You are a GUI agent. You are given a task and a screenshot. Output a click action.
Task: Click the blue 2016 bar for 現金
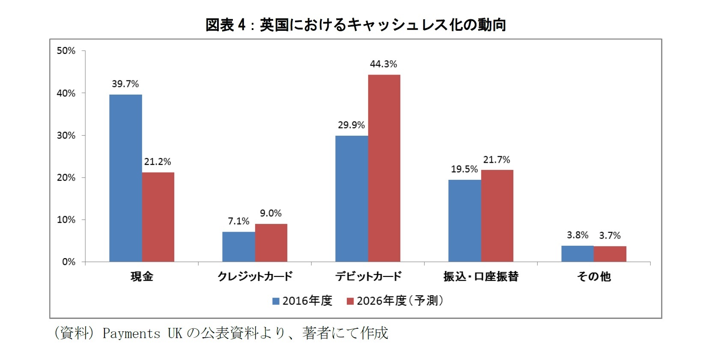click(125, 178)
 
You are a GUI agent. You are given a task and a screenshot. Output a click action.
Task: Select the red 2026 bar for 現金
click(158, 217)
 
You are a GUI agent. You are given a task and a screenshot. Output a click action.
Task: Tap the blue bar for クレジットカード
click(238, 247)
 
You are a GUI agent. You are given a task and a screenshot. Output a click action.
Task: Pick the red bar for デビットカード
click(384, 168)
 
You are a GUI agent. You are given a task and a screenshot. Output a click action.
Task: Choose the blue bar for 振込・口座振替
click(465, 220)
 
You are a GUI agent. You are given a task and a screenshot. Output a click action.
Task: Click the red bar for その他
click(610, 254)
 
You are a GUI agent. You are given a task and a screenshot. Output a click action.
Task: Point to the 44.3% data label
click(383, 64)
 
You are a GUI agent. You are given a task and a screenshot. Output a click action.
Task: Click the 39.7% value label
click(125, 84)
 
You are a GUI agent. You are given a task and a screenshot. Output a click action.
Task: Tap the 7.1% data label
click(238, 221)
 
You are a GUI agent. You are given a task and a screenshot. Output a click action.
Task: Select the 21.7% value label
click(496, 160)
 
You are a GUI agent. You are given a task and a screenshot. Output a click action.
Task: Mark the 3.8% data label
click(577, 235)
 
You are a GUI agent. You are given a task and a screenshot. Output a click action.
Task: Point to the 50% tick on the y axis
click(66, 51)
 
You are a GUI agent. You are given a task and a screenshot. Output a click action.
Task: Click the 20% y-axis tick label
click(66, 178)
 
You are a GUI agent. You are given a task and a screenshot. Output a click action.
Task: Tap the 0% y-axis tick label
click(69, 262)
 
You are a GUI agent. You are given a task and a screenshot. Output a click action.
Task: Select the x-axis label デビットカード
click(368, 277)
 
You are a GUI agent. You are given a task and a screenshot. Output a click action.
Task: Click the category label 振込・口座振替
click(481, 277)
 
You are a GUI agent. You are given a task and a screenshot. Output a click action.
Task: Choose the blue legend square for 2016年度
click(276, 301)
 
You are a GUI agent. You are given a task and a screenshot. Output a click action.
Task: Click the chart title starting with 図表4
click(355, 25)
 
